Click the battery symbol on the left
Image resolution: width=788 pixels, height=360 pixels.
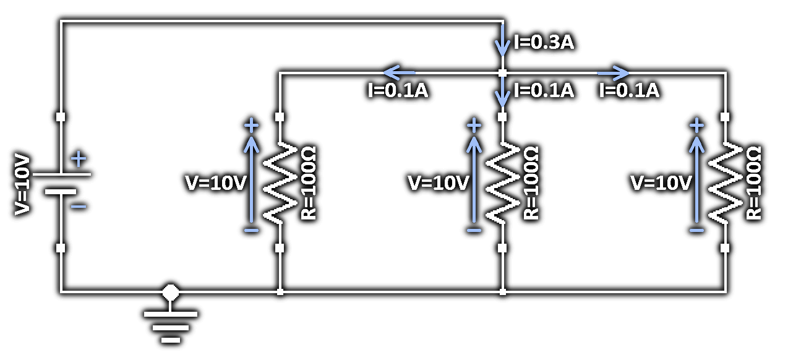tap(61, 183)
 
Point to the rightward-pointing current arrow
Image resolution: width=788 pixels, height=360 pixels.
tap(613, 72)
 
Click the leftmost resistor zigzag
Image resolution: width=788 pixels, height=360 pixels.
tap(280, 182)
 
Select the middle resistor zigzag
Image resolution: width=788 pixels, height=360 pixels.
tap(502, 182)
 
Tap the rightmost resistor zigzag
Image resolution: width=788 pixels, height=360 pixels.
tap(725, 182)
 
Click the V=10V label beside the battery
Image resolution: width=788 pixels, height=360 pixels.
tap(22, 184)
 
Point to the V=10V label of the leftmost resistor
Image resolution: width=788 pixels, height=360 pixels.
tap(216, 183)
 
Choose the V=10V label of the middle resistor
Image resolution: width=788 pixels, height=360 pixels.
tap(439, 183)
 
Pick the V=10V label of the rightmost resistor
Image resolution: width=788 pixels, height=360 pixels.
tap(661, 183)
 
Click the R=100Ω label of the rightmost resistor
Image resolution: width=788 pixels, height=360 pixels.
tap(753, 183)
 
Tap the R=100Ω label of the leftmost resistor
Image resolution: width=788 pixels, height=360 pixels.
tap(308, 183)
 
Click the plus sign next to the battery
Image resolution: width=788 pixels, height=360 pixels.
tap(79, 160)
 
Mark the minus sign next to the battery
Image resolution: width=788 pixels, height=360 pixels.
tap(79, 206)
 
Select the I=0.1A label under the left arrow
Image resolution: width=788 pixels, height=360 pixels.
tap(398, 91)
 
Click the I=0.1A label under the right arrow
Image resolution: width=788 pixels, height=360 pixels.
tap(629, 91)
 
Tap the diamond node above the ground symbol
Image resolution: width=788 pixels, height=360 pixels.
tap(171, 291)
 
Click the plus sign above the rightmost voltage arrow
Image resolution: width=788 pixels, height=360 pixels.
tap(696, 126)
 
